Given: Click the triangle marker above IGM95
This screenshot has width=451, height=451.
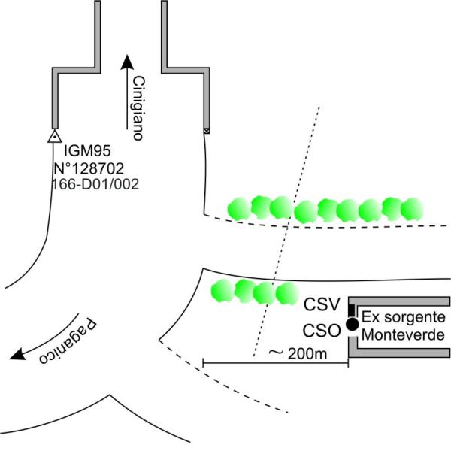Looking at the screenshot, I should pyautogui.click(x=53, y=137).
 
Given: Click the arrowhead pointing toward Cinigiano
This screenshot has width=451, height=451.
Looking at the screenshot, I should pyautogui.click(x=126, y=61).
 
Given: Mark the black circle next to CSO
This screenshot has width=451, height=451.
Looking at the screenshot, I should pyautogui.click(x=351, y=324).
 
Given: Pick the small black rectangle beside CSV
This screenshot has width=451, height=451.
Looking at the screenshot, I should pyautogui.click(x=351, y=309).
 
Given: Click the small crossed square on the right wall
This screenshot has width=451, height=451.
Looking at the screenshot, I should pyautogui.click(x=207, y=131).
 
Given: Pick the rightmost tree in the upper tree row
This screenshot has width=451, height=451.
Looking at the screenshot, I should pyautogui.click(x=412, y=210).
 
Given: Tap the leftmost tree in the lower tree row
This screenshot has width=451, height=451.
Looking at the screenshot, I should pyautogui.click(x=222, y=291).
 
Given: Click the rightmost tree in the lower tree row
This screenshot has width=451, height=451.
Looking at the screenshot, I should pyautogui.click(x=286, y=294).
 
